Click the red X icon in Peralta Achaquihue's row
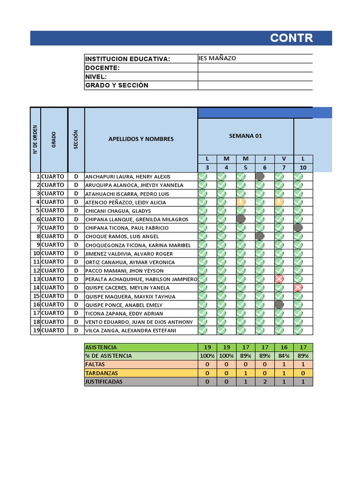pos(279,279)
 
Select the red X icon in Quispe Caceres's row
pos(298,287)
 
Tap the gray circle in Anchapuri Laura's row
pos(260,177)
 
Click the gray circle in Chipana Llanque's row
pos(241,219)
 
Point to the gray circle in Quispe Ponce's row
pos(279,305)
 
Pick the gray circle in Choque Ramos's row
pos(260,236)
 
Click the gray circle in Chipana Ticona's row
pos(298,228)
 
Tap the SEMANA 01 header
pos(245,136)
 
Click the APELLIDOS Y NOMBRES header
pos(141,139)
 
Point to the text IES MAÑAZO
pos(217,58)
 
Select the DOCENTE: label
pos(102,68)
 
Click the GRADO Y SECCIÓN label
pos(116,85)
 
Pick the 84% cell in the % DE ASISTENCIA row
pos(284,356)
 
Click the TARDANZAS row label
pos(102,373)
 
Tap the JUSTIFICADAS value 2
pos(265,382)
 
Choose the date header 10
pos(303,168)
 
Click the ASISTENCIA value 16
pos(284,347)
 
